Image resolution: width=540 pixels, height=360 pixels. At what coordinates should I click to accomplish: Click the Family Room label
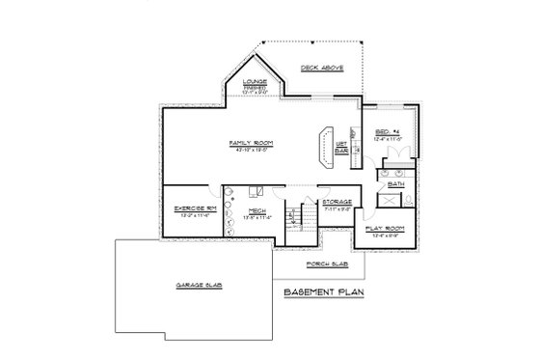(x=252, y=143)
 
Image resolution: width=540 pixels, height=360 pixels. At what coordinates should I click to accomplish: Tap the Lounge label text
(x=255, y=82)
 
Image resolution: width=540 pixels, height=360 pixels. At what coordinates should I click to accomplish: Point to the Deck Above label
(x=320, y=69)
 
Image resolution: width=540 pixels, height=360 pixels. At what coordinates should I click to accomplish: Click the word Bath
(x=395, y=182)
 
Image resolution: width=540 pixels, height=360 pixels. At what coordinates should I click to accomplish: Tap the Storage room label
(x=337, y=202)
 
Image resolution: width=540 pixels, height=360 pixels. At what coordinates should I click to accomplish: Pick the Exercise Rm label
(x=188, y=208)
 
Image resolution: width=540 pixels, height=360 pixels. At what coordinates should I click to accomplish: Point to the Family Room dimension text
(x=252, y=150)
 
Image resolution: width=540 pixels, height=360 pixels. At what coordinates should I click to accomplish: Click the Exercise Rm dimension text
(x=188, y=215)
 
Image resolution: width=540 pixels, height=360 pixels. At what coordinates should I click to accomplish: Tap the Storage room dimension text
(x=337, y=208)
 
